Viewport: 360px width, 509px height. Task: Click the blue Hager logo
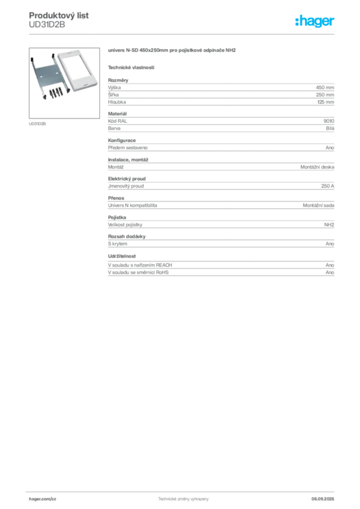point(315,21)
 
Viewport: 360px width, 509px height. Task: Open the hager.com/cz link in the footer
point(56,499)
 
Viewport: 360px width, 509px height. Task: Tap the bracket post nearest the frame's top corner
point(54,55)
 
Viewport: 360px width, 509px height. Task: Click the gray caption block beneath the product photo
point(38,123)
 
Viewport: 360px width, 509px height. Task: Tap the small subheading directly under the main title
point(131,67)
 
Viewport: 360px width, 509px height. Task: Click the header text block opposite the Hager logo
point(60,19)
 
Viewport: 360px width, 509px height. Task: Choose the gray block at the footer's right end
point(326,497)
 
